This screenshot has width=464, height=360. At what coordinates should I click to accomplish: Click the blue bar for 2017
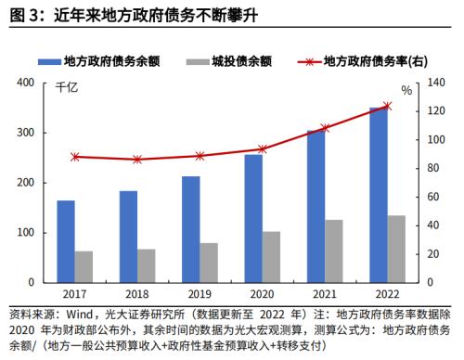coord(66,241)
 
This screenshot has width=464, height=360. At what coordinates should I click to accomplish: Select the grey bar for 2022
coord(395,249)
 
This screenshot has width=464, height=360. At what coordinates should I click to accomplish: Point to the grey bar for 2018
coord(146,265)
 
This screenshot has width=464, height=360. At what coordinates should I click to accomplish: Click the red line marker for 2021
coord(325,128)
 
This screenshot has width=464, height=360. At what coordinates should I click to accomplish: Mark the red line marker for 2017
coord(75,157)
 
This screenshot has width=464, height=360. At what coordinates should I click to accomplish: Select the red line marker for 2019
coord(200,156)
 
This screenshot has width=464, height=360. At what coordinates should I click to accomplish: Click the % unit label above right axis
coord(406,90)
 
